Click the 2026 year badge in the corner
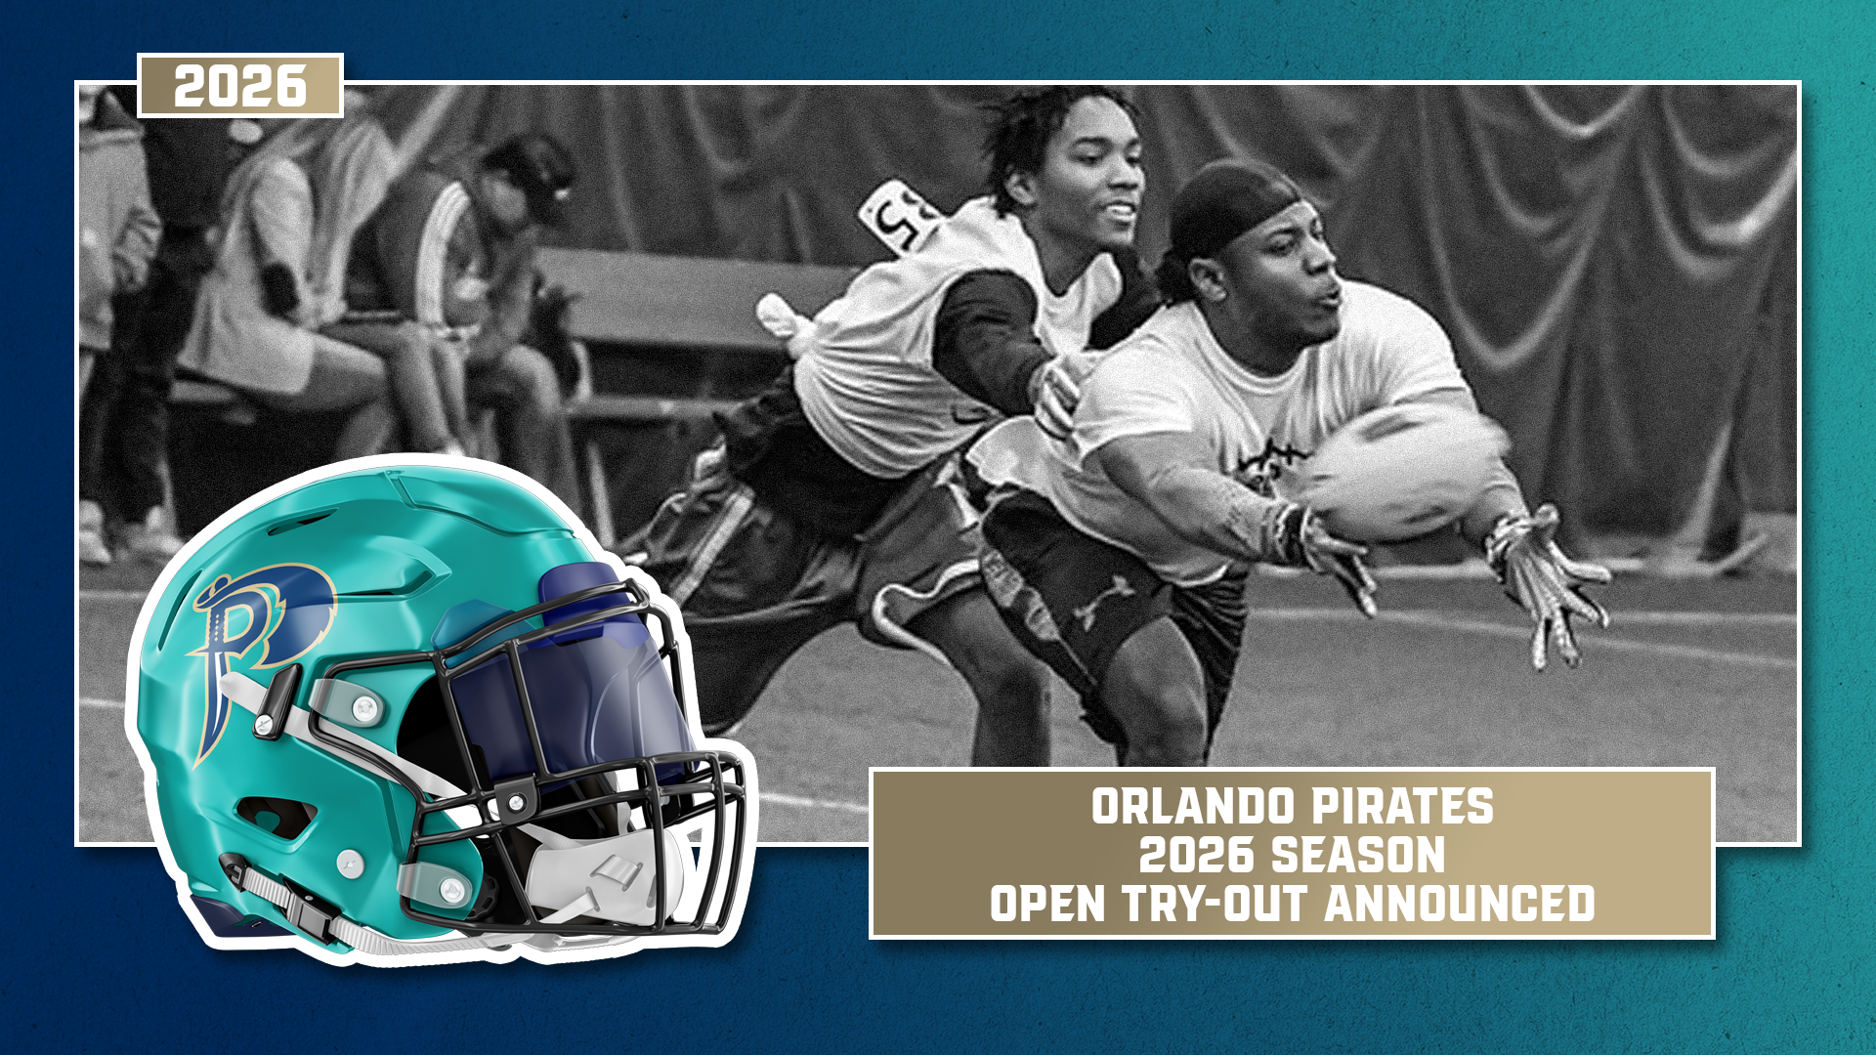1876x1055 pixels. tap(240, 86)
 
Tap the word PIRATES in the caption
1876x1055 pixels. tap(1402, 807)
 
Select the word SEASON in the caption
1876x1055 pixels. tap(1359, 855)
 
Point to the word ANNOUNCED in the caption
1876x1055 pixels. tap(1460, 904)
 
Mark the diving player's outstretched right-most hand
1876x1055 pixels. tap(1554, 586)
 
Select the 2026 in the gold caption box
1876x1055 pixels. tap(1197, 855)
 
